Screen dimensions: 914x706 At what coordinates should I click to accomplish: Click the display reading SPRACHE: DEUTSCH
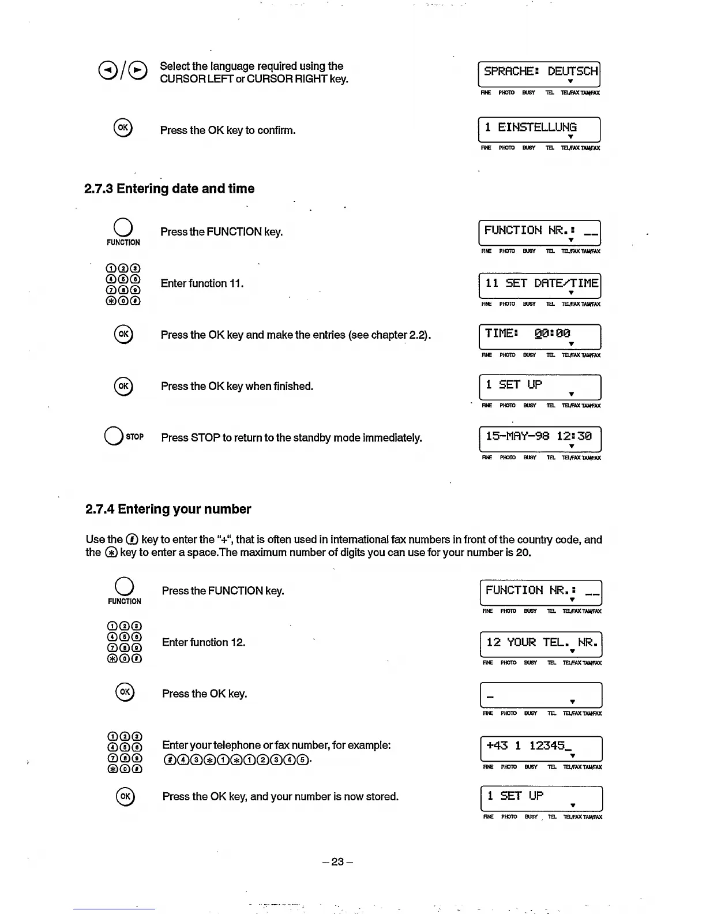(539, 74)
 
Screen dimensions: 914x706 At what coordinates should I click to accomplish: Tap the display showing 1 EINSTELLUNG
(539, 129)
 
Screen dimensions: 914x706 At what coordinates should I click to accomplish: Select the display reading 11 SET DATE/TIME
(540, 285)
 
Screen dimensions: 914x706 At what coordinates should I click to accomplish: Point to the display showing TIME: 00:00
(540, 336)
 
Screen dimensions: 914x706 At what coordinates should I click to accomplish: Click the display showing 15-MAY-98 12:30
(540, 439)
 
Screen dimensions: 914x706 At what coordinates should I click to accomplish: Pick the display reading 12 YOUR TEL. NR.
(540, 645)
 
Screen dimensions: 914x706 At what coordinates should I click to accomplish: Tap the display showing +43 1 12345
(541, 748)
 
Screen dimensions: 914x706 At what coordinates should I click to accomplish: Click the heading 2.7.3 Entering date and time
(169, 189)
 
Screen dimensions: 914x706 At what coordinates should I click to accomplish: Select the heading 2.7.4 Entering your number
(168, 509)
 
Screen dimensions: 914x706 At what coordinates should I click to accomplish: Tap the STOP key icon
(114, 437)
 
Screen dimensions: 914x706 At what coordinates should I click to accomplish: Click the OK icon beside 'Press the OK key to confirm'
(123, 128)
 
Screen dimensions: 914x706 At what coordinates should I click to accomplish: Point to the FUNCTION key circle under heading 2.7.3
(123, 227)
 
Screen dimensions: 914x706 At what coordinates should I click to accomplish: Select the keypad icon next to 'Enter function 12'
(124, 642)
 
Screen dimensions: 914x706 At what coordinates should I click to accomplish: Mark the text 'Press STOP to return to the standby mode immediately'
(291, 438)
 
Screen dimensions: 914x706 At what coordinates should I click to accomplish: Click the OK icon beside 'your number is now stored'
(125, 796)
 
